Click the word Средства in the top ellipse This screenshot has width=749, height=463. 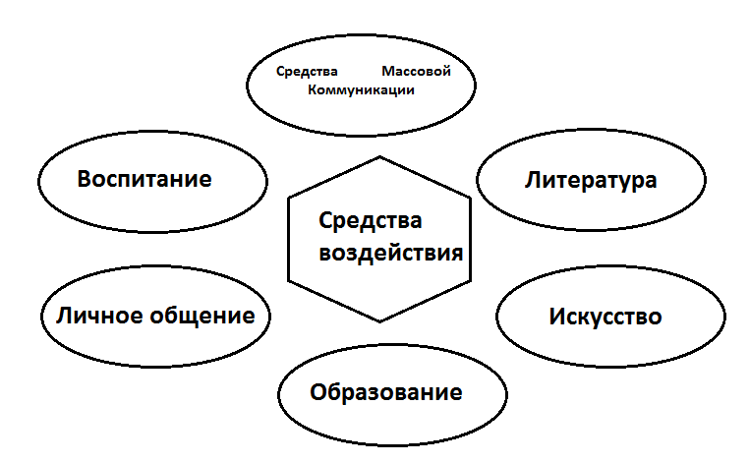tap(307, 72)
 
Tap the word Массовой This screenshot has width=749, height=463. tap(415, 72)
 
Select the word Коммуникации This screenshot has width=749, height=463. tap(361, 89)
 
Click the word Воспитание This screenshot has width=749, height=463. tap(144, 180)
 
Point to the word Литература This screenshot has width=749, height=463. tap(591, 180)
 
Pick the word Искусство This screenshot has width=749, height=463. tap(605, 318)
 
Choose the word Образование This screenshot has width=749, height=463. tap(385, 393)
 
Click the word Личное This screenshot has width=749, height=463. tap(97, 316)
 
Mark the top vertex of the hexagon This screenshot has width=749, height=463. tap(379, 156)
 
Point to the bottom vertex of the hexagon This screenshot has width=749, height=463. tap(379, 321)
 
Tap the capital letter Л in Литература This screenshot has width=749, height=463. tap(533, 180)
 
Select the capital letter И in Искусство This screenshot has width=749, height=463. tap(556, 318)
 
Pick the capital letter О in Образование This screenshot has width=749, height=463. tap(318, 393)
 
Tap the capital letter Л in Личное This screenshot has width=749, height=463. tap(63, 316)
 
